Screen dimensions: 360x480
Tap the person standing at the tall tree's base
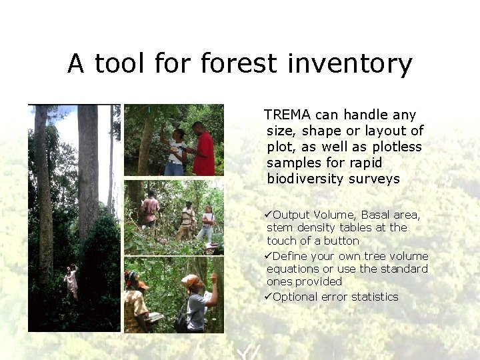pos(71,281)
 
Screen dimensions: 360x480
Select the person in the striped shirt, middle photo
pos(188,220)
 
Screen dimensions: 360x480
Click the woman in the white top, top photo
pos(175,152)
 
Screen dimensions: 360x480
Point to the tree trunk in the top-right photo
pos(145,143)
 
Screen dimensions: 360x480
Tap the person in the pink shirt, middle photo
pos(151,209)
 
